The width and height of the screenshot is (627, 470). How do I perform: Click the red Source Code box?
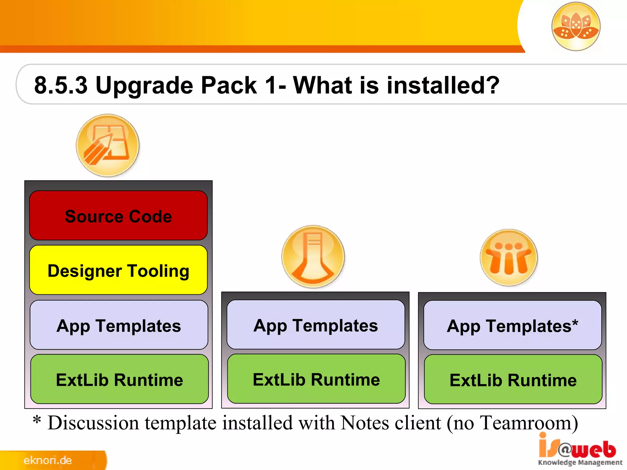pyautogui.click(x=118, y=216)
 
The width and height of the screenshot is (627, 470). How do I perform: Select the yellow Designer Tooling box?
pyautogui.click(x=118, y=270)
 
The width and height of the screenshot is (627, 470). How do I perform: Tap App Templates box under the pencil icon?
pyautogui.click(x=119, y=325)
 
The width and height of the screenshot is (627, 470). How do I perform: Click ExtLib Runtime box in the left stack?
pyautogui.click(x=119, y=379)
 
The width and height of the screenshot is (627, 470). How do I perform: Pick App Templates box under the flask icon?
pyautogui.click(x=316, y=325)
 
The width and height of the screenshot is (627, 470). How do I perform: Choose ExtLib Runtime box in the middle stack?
pyautogui.click(x=316, y=379)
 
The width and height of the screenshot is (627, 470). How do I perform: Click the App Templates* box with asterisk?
pyautogui.click(x=512, y=325)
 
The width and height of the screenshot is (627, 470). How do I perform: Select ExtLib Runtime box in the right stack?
pyautogui.click(x=513, y=380)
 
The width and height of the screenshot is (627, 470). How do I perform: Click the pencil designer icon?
pyautogui.click(x=107, y=145)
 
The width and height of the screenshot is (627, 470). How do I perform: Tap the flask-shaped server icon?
pyautogui.click(x=313, y=256)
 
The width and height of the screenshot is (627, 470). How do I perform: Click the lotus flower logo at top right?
pyautogui.click(x=576, y=26)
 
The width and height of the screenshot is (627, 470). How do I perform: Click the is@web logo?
pyautogui.click(x=577, y=449)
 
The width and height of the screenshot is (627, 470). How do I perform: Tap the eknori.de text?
pyautogui.click(x=47, y=460)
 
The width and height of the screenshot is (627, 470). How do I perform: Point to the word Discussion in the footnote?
pyautogui.click(x=93, y=423)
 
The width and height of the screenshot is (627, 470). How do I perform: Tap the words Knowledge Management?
pyautogui.click(x=580, y=462)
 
